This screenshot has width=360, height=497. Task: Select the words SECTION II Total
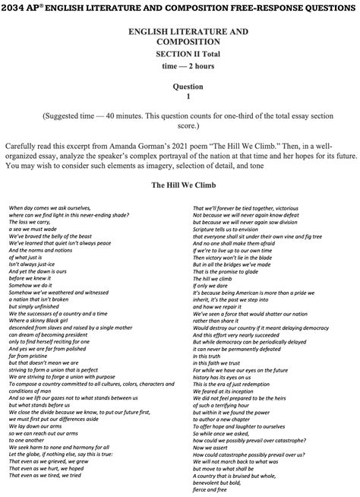pos(180,55)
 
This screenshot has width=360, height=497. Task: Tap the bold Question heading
pos(180,87)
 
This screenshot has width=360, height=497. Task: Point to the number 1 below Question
pos(180,97)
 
